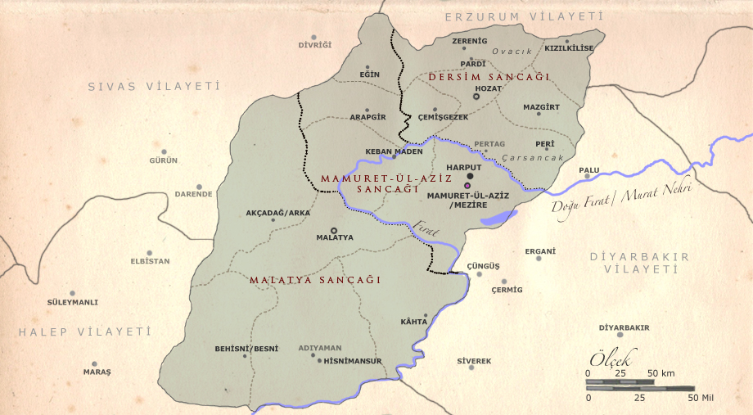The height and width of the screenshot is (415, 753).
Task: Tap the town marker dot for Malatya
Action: pos(333,231)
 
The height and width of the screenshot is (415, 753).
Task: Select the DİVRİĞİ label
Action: pos(315,44)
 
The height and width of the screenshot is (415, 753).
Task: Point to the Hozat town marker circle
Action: pos(476,97)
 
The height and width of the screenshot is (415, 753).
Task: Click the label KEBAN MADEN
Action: pos(394,151)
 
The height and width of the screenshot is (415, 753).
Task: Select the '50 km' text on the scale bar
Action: pos(661,373)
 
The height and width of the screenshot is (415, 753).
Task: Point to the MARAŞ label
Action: pos(97,372)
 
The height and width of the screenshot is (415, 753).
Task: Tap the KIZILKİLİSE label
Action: pos(569,48)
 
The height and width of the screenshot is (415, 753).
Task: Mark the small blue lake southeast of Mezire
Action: pos(498,218)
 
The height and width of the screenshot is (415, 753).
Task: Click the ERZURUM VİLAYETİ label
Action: pos(523,16)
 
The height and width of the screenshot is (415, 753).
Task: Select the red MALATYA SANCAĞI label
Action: pos(315,280)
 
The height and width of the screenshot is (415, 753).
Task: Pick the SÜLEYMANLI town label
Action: pos(73,302)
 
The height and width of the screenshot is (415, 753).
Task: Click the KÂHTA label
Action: pos(413,322)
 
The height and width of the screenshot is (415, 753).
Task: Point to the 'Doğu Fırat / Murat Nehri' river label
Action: pos(621,200)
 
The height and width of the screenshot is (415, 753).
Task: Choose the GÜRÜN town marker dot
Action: pos(165,151)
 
